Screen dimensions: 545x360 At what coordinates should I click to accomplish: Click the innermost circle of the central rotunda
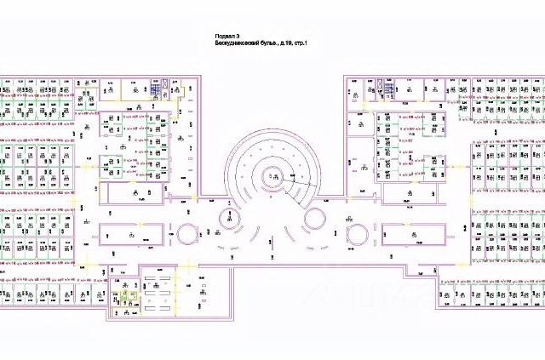click(x=273, y=174)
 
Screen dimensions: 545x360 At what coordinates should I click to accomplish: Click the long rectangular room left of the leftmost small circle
click(x=131, y=233)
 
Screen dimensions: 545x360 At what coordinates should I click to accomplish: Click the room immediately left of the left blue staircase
click(x=137, y=87)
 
